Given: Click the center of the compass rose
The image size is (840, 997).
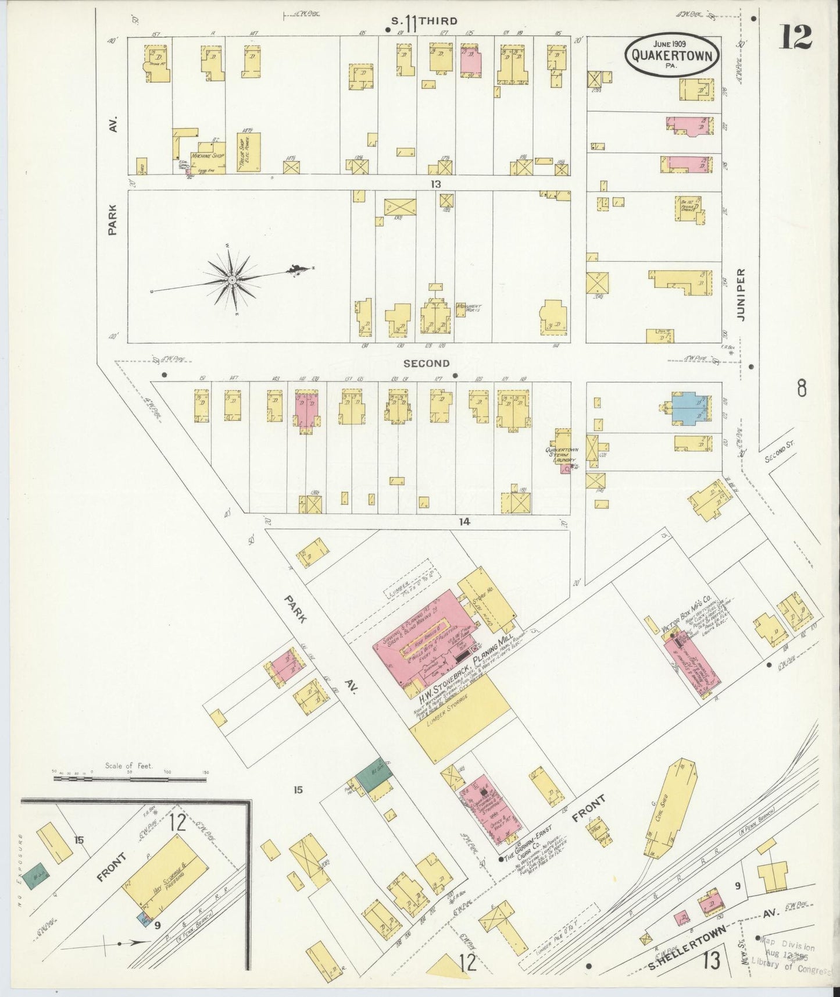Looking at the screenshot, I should tap(232, 280).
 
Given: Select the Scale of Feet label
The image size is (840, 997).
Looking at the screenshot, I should tap(129, 766).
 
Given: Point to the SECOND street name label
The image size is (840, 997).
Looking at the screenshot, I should tap(427, 364).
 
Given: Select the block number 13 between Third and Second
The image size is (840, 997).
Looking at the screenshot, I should tap(436, 184).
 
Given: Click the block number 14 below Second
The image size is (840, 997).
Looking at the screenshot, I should tap(463, 522).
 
